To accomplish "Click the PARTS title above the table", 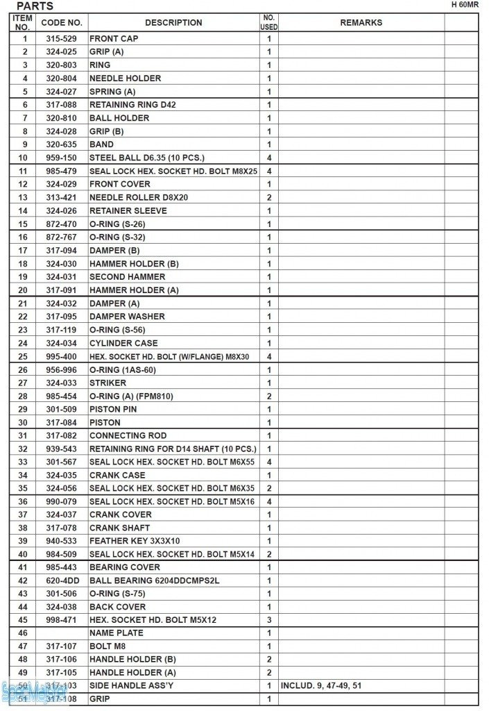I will pyautogui.click(x=35, y=6).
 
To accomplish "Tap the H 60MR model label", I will pyautogui.click(x=465, y=4).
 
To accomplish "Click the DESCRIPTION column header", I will pyautogui.click(x=173, y=23).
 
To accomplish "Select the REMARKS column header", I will pyautogui.click(x=361, y=23).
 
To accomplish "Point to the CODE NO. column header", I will pyautogui.click(x=62, y=23).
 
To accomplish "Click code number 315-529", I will pyautogui.click(x=62, y=39).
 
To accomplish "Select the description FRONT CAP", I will pyautogui.click(x=114, y=39).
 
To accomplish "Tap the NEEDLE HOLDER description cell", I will pyautogui.click(x=125, y=78).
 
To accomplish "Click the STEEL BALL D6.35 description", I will pyautogui.click(x=147, y=158).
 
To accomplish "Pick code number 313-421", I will pyautogui.click(x=62, y=197).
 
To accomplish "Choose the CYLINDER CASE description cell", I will pyautogui.click(x=123, y=343).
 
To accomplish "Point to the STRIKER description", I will pyautogui.click(x=108, y=383).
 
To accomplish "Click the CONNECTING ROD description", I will pyautogui.click(x=128, y=435).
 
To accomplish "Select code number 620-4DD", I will pyautogui.click(x=62, y=580).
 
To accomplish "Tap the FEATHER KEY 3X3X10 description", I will pyautogui.click(x=135, y=541).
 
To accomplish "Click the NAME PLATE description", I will pyautogui.click(x=117, y=633).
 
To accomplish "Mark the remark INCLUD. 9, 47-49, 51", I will pyautogui.click(x=321, y=686).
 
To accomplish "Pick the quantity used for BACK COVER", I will pyautogui.click(x=269, y=607).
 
